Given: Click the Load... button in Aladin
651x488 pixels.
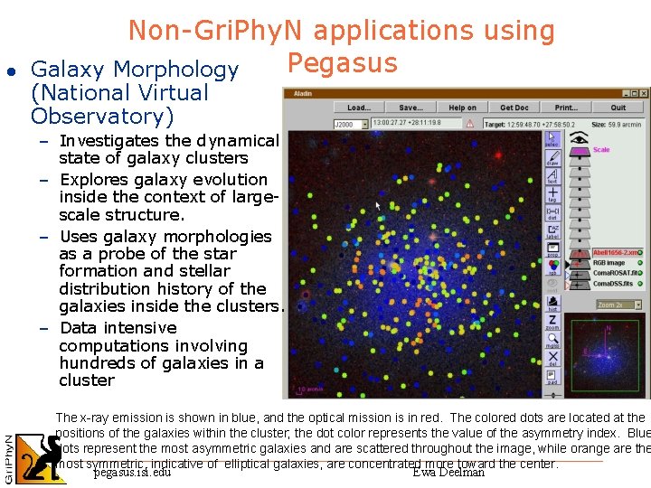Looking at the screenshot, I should click(359, 108).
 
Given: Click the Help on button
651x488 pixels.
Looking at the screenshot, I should click(462, 108).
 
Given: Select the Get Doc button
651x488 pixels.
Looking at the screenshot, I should click(514, 108).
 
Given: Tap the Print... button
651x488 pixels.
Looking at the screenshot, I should click(566, 108).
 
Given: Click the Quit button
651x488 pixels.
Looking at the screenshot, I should click(618, 108).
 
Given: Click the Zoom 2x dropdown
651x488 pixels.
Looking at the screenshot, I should click(619, 305).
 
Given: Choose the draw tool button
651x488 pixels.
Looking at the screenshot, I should click(552, 156).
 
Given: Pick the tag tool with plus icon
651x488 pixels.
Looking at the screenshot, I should click(552, 194).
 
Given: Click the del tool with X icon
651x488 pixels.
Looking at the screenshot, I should click(552, 360).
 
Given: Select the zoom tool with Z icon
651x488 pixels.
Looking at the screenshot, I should click(552, 322).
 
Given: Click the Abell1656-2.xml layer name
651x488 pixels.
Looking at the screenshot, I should click(616, 252).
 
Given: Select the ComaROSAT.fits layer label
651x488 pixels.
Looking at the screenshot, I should click(617, 271).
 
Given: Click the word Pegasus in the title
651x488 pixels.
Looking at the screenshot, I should click(342, 63).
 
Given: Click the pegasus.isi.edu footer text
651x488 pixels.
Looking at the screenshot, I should click(132, 472).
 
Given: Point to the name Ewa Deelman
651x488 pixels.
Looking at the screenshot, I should click(448, 472).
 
